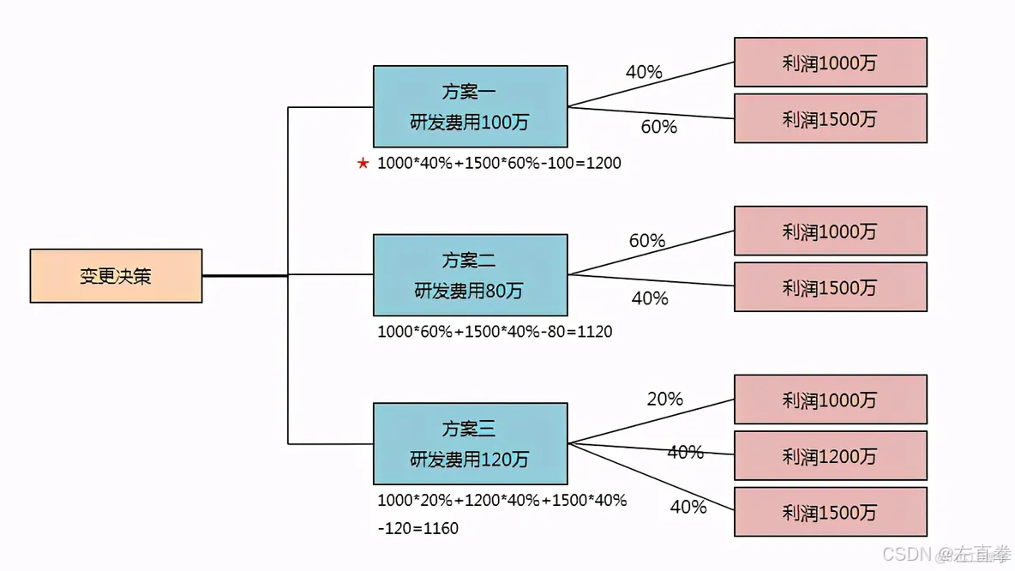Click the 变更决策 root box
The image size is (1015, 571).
pyautogui.click(x=116, y=276)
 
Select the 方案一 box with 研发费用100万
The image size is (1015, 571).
pyautogui.click(x=470, y=106)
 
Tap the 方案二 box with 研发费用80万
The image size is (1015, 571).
pyautogui.click(x=470, y=275)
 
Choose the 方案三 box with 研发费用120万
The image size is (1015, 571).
pyautogui.click(x=470, y=444)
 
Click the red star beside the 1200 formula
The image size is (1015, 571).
pyautogui.click(x=363, y=163)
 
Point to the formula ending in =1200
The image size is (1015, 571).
pyautogui.click(x=499, y=163)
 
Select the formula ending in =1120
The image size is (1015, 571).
pyautogui.click(x=495, y=331)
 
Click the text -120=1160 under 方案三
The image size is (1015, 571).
pyautogui.click(x=417, y=528)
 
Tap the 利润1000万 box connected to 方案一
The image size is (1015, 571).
pyautogui.click(x=830, y=62)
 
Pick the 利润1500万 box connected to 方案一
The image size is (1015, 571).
pyautogui.click(x=830, y=118)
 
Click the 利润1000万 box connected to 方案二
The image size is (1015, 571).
pyautogui.click(x=830, y=231)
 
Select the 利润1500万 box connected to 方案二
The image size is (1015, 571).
pyautogui.click(x=830, y=287)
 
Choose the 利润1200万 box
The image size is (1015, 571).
pyautogui.click(x=830, y=456)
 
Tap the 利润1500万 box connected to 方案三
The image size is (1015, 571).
pyautogui.click(x=830, y=512)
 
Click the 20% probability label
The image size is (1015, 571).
pyautogui.click(x=664, y=399)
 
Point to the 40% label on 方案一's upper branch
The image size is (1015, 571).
pyautogui.click(x=644, y=72)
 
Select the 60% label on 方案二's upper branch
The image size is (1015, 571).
pyautogui.click(x=647, y=241)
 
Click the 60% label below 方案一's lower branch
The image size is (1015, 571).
pyautogui.click(x=659, y=127)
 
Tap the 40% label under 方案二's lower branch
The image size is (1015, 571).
pyautogui.click(x=650, y=298)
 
